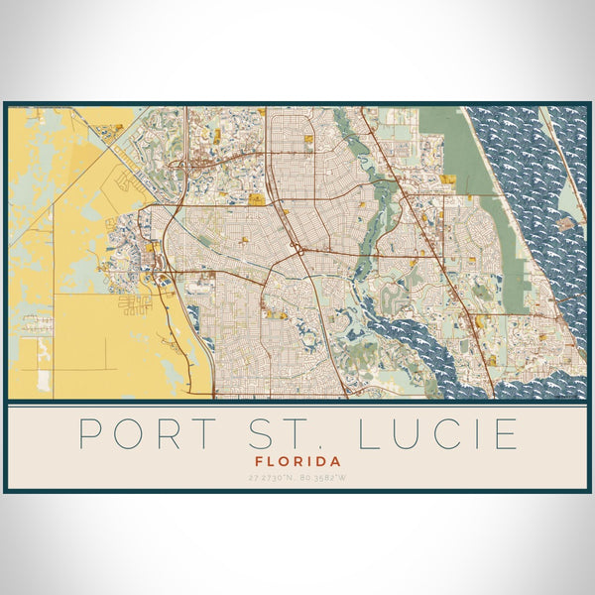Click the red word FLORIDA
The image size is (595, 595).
pyautogui.click(x=297, y=461)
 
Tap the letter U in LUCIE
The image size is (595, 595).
pyautogui.click(x=413, y=434)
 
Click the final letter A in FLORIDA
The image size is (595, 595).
pyautogui.click(x=336, y=461)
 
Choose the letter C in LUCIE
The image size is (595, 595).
pyautogui.click(x=452, y=434)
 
